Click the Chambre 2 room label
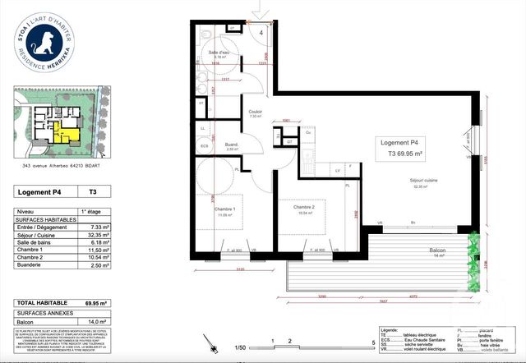pyautogui.click(x=303, y=207)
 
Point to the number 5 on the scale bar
pyautogui.click(x=372, y=340)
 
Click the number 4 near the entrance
pyautogui.click(x=261, y=32)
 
